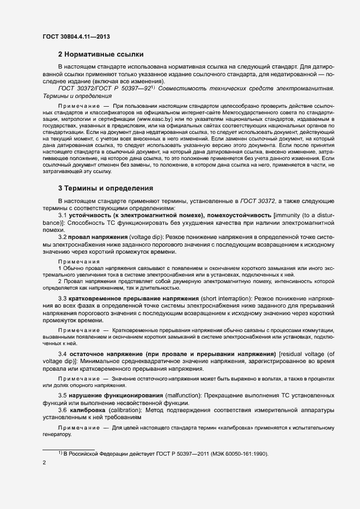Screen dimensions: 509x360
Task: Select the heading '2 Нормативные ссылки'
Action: coord(101,54)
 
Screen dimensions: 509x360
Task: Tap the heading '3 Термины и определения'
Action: coord(105,188)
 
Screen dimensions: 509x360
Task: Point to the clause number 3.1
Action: coord(63,216)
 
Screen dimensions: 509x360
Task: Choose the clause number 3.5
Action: coord(63,395)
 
